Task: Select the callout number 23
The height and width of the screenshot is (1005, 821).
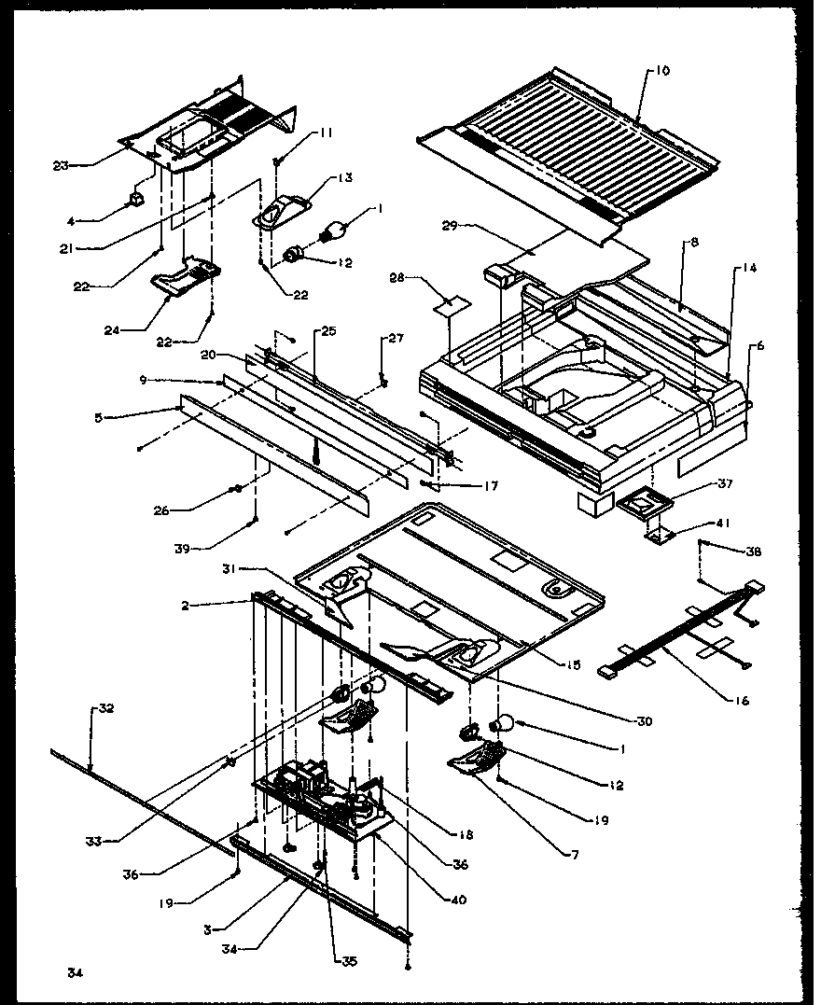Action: pos(60,165)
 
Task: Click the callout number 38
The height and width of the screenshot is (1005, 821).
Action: pos(754,551)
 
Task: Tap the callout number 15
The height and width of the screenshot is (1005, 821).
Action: pos(573,665)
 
